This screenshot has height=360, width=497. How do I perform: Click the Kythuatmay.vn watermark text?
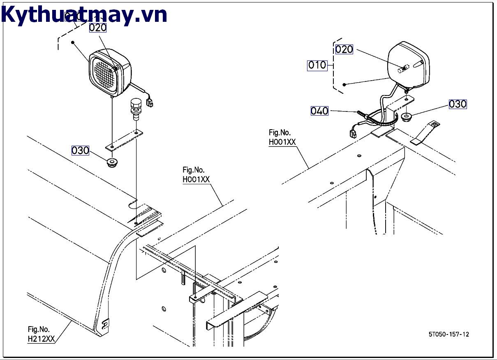84,15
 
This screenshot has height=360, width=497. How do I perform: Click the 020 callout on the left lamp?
98,28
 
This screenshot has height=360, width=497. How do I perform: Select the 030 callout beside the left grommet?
80,150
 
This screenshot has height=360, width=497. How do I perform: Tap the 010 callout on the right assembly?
317,65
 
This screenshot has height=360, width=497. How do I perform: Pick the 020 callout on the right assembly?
344,49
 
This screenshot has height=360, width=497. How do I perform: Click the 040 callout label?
319,111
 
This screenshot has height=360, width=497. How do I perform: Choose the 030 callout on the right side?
458,104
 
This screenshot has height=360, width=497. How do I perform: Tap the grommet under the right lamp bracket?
407,117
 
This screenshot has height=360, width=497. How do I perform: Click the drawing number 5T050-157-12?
448,334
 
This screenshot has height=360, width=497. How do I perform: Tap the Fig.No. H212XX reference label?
41,334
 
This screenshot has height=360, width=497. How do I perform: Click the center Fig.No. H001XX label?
196,174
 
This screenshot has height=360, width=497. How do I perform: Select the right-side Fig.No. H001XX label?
282,137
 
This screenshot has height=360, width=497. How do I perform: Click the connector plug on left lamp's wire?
149,102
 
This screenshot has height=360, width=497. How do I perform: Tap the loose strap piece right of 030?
425,132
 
